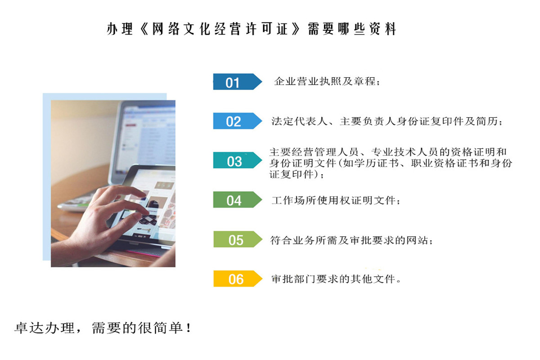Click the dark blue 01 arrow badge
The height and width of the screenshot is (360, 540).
click(237, 82)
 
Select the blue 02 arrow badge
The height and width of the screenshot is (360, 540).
click(237, 121)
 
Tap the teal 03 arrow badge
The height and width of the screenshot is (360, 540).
click(237, 161)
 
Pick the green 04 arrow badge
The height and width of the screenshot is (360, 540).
click(237, 200)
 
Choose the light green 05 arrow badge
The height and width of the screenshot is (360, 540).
click(237, 239)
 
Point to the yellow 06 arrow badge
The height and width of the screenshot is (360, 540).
click(237, 279)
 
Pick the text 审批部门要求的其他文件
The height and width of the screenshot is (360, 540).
click(335, 279)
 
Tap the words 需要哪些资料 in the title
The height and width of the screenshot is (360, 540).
click(352, 29)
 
